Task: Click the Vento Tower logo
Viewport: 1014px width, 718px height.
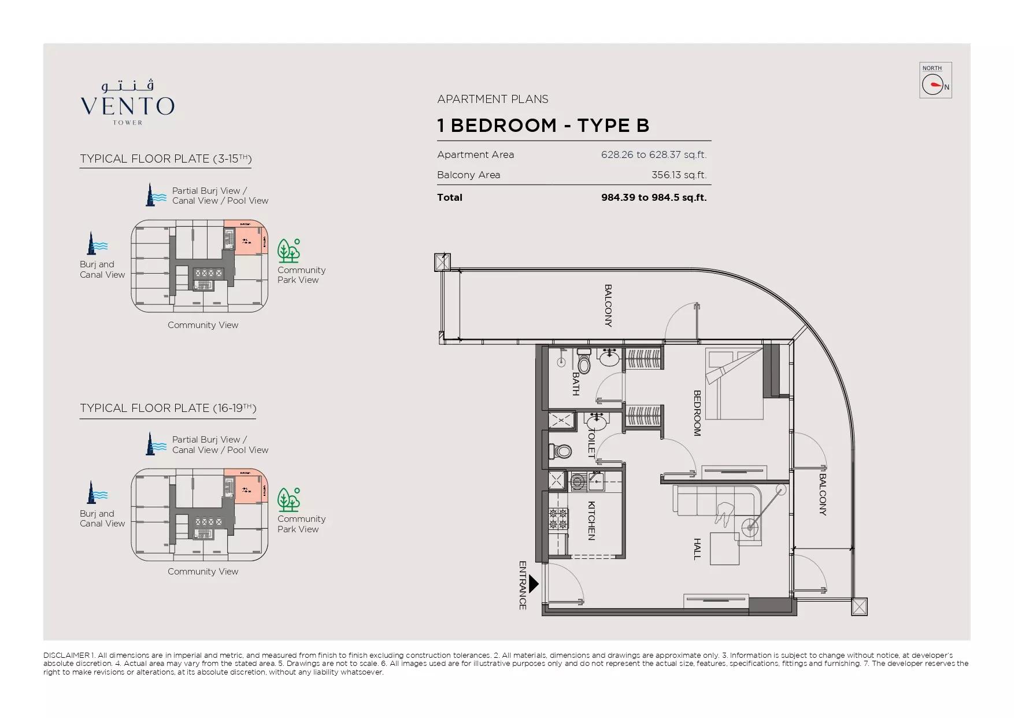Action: click(x=127, y=102)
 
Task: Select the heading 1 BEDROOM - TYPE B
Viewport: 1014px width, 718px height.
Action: click(x=543, y=126)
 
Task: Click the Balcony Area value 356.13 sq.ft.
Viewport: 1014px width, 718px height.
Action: click(x=679, y=175)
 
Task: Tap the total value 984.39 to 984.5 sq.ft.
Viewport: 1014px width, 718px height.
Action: click(x=653, y=197)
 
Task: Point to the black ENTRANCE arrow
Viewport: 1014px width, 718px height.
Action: click(x=534, y=584)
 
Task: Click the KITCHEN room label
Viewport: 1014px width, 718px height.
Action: click(x=591, y=521)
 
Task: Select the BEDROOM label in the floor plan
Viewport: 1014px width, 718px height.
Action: click(x=697, y=413)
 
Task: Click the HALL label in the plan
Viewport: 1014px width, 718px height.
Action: click(x=697, y=548)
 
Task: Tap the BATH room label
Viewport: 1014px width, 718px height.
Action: click(x=575, y=384)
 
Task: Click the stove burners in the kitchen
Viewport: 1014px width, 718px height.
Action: click(x=558, y=518)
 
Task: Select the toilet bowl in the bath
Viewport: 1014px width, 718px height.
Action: click(x=584, y=364)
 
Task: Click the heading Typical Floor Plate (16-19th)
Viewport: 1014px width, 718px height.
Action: click(x=168, y=408)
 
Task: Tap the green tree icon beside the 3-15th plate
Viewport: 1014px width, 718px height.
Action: click(x=288, y=251)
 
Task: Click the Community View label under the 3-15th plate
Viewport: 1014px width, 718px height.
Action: click(x=203, y=325)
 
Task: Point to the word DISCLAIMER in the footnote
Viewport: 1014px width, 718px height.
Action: click(x=66, y=655)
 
